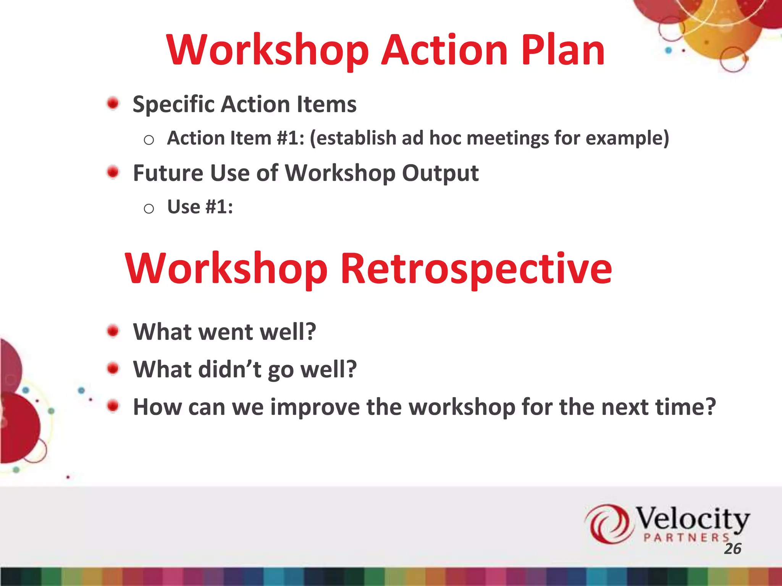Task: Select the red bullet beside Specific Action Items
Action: (x=113, y=103)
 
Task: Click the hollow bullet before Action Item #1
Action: (x=149, y=140)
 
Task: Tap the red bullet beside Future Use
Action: (x=113, y=172)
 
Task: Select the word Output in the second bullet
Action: (x=440, y=173)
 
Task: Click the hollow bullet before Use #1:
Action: (x=149, y=209)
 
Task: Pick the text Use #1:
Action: (x=200, y=207)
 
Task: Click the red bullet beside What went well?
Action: (x=113, y=331)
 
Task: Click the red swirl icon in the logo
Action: (x=608, y=523)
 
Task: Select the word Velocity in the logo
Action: (x=692, y=519)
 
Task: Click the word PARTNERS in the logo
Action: (x=686, y=538)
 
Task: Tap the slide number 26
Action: (x=732, y=549)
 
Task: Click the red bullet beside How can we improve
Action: (x=113, y=406)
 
